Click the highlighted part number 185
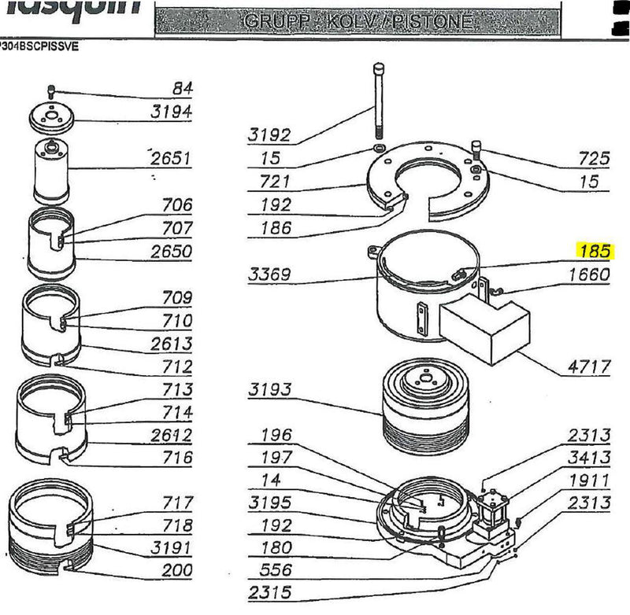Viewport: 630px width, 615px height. pos(595,252)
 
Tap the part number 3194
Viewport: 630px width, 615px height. pos(172,112)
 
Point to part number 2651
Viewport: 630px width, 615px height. pos(172,159)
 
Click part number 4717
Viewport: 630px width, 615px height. pos(589,366)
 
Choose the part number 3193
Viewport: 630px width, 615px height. pos(270,389)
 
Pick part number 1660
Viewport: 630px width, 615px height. pos(589,275)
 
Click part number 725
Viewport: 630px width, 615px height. pos(595,159)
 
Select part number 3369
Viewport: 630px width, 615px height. pos(270,275)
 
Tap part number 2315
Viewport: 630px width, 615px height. pos(270,592)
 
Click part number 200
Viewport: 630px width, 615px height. pos(177,571)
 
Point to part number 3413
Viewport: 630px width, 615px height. pos(589,458)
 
